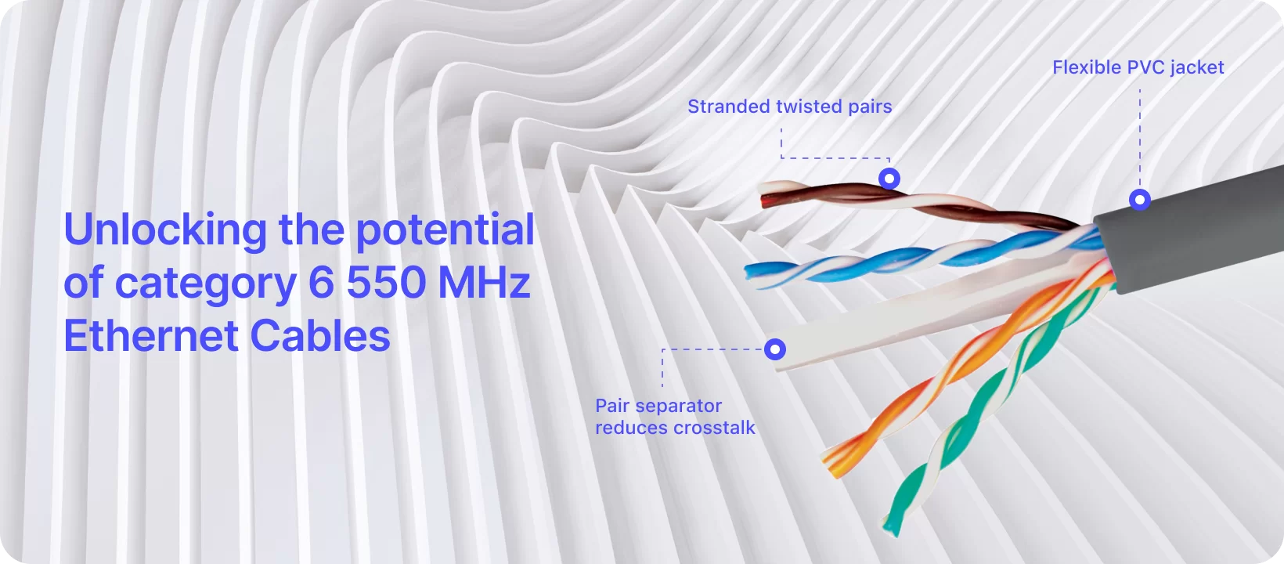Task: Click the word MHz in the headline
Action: pyautogui.click(x=485, y=282)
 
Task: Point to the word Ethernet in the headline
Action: pyautogui.click(x=151, y=335)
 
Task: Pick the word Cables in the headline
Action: pyautogui.click(x=320, y=335)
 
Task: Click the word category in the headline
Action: pyautogui.click(x=206, y=285)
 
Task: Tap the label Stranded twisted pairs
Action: pyautogui.click(x=789, y=107)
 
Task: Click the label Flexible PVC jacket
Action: pyautogui.click(x=1138, y=67)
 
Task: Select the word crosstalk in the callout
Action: pyautogui.click(x=714, y=428)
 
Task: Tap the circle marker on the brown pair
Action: pyautogui.click(x=889, y=179)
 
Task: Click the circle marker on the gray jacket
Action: pyautogui.click(x=1140, y=200)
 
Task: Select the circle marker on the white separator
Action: pyautogui.click(x=775, y=349)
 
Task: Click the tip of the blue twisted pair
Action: pyautogui.click(x=747, y=271)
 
